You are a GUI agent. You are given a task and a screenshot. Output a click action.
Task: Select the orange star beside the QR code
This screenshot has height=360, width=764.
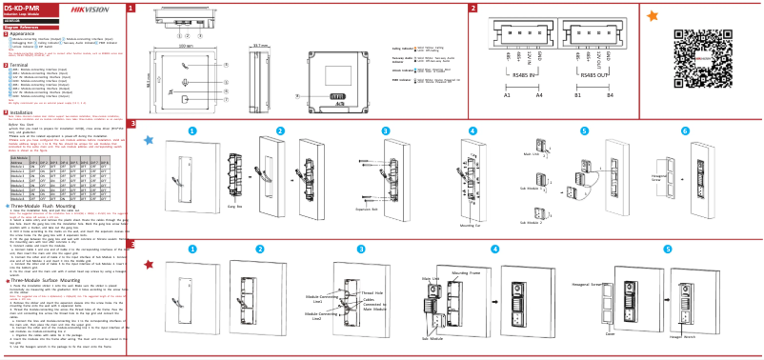652,16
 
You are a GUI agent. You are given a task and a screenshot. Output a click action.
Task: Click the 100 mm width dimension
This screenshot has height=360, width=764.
186,45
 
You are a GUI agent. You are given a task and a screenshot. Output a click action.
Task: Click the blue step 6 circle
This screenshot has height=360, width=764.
685,130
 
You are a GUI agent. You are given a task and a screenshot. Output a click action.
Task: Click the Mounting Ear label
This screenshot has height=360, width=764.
469,226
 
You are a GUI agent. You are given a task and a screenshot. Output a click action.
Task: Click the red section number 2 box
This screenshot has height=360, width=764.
473,8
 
